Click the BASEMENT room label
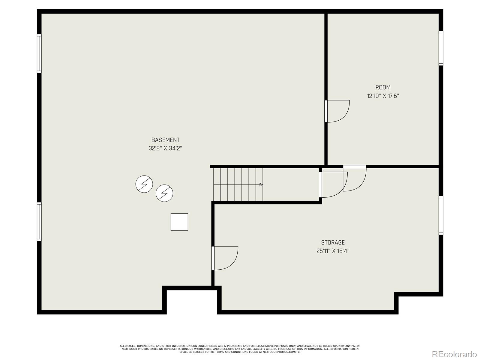pyautogui.click(x=165, y=140)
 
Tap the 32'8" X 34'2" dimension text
pyautogui.click(x=165, y=148)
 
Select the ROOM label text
pyautogui.click(x=383, y=87)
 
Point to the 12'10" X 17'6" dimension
pyautogui.click(x=383, y=96)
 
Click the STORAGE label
pyautogui.click(x=333, y=242)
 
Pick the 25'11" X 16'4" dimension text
pyautogui.click(x=333, y=251)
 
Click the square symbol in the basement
pyautogui.click(x=179, y=222)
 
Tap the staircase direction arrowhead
pyautogui.click(x=261, y=185)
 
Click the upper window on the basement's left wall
pyautogui.click(x=39, y=53)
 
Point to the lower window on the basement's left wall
pyautogui.click(x=39, y=222)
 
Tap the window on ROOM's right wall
pyautogui.click(x=441, y=48)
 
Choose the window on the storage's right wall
pyautogui.click(x=441, y=215)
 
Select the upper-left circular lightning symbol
pyautogui.click(x=144, y=184)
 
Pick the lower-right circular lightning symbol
pyautogui.click(x=164, y=193)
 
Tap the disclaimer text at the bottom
pyautogui.click(x=240, y=349)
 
